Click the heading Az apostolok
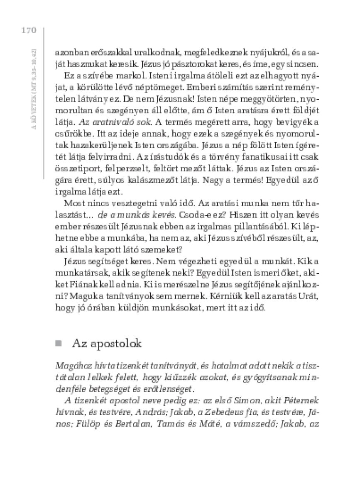[107, 344]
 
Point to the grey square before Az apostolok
[59, 344]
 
